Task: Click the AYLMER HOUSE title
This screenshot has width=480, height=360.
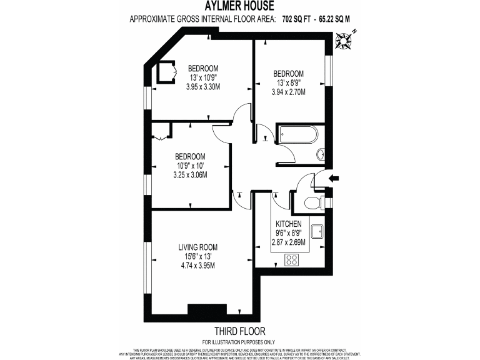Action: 239,7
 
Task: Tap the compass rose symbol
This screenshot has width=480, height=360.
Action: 343,41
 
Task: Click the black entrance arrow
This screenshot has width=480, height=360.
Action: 335,179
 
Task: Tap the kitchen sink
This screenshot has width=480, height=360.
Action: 317,231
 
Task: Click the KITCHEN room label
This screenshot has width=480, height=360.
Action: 289,224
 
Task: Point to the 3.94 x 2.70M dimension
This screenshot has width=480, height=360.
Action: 288,92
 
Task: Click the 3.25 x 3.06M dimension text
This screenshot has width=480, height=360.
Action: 190,174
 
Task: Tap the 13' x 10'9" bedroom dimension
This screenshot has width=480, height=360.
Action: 203,77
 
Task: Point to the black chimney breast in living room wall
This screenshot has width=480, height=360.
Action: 206,309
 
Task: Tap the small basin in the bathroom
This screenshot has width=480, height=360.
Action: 320,154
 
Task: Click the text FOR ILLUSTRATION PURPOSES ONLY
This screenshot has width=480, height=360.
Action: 239,341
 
